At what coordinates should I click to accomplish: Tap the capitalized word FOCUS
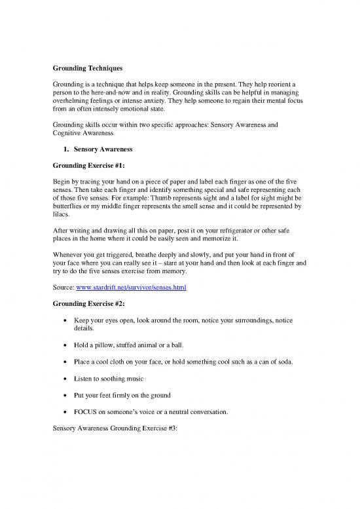(88, 414)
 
